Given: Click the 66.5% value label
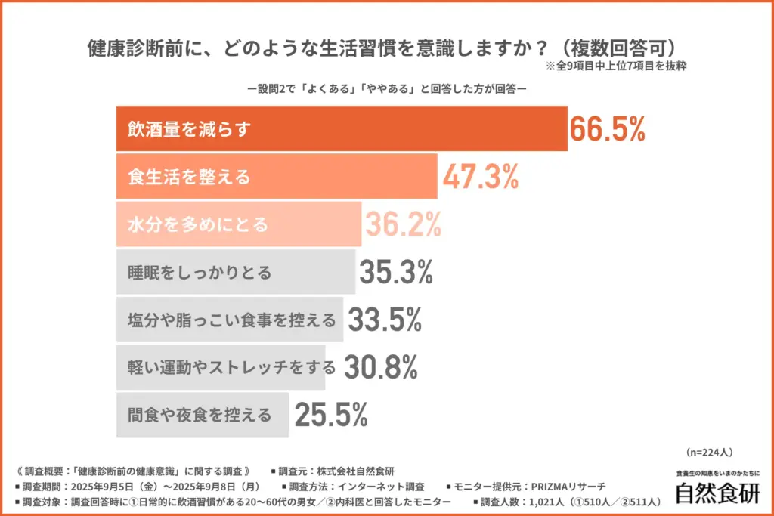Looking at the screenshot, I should tap(607, 129).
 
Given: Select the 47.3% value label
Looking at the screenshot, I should tap(480, 177).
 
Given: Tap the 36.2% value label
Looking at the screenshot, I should tap(403, 224).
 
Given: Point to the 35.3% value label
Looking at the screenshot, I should tap(395, 272).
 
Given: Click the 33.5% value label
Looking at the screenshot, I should tap(383, 320).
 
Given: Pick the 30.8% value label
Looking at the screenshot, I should tap(381, 367).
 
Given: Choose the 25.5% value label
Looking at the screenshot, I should tap(331, 414).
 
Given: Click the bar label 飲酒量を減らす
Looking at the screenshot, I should tap(188, 130).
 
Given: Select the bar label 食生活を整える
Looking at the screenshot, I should tap(188, 178).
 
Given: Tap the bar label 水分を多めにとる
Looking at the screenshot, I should tap(197, 225).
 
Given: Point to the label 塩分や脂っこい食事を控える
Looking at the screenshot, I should tap(231, 320).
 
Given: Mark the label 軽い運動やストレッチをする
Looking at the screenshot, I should tap(231, 368).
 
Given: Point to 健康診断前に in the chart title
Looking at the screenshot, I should tap(141, 46).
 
